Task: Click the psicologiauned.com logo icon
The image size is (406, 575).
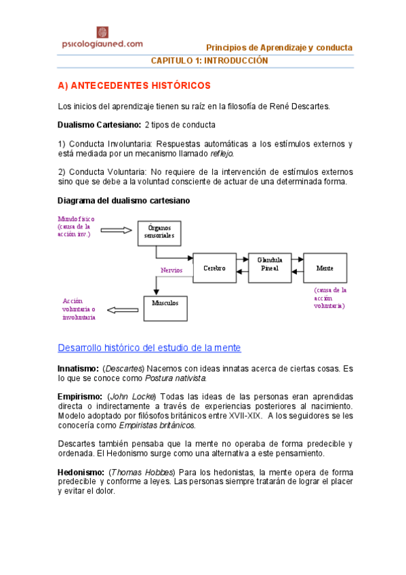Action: (x=102, y=32)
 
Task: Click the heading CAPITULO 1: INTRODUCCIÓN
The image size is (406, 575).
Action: (x=209, y=60)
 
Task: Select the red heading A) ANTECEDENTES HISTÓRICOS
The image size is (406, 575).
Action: (x=134, y=86)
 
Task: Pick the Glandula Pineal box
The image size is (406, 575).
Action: (x=269, y=264)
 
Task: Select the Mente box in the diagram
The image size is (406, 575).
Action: (x=325, y=269)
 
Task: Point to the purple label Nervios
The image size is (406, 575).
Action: (x=171, y=270)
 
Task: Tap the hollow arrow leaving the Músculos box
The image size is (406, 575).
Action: (x=122, y=310)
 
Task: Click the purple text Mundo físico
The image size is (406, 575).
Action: (x=77, y=220)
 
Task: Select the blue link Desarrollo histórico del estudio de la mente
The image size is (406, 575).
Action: (x=149, y=348)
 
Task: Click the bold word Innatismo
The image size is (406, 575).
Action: (x=77, y=368)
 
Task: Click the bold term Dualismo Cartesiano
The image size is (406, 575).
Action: (x=99, y=125)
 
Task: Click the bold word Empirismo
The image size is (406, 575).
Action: (x=79, y=395)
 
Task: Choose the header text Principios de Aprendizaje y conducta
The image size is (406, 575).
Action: (x=279, y=47)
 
